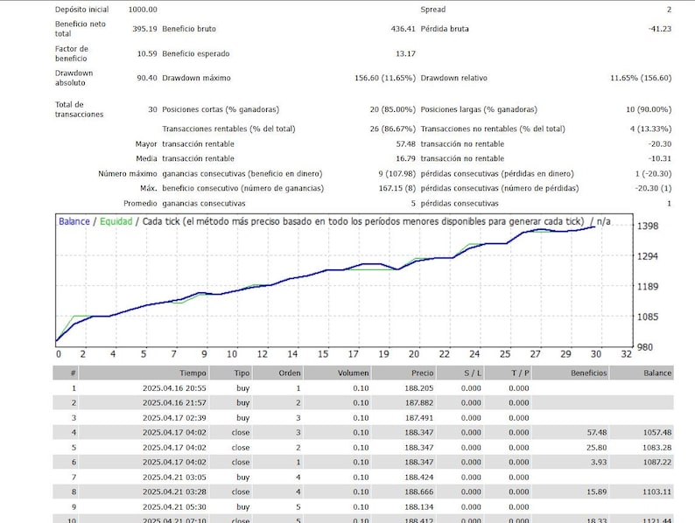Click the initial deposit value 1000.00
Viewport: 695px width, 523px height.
point(143,9)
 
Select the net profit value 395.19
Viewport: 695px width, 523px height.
point(143,29)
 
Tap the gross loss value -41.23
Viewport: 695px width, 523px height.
point(659,29)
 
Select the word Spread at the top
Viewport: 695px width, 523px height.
point(433,9)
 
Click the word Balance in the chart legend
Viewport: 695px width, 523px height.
point(74,221)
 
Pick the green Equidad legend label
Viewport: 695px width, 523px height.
point(116,221)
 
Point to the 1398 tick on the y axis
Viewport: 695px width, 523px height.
point(648,227)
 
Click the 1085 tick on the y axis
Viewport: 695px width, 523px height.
point(648,317)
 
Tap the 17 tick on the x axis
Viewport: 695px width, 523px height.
point(353,354)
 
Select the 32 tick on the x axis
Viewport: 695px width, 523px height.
point(625,354)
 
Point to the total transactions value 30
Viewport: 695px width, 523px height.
point(152,109)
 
